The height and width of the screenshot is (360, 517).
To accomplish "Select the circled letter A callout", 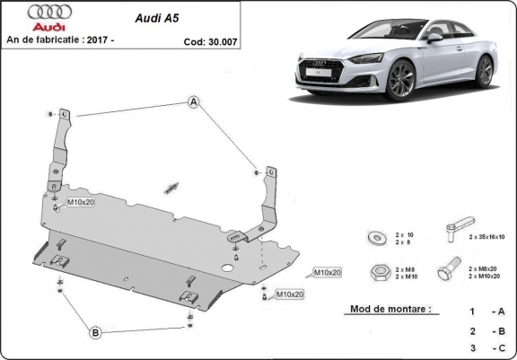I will pos(192,102).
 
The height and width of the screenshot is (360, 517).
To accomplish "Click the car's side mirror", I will pos(434,38).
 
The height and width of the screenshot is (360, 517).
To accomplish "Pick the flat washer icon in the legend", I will pos(374,238).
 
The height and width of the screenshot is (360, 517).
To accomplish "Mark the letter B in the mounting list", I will pos(499,329).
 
